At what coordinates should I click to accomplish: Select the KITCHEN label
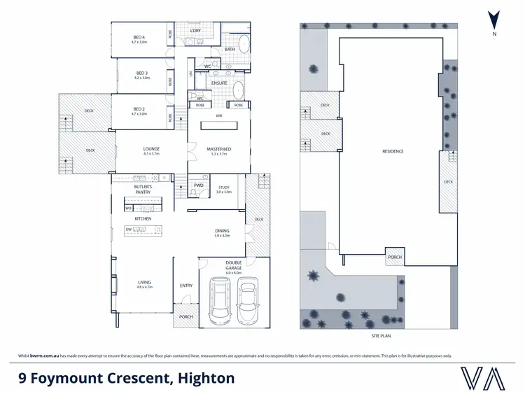(x=143, y=219)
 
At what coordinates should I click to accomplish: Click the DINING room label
(x=222, y=232)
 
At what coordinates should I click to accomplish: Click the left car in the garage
(x=220, y=301)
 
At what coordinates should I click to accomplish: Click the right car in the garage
(x=247, y=301)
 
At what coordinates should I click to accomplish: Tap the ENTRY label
(x=186, y=286)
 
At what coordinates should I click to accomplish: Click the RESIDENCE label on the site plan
(x=392, y=151)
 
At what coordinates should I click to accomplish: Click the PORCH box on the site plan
(x=395, y=257)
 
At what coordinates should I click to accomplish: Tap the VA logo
(x=484, y=378)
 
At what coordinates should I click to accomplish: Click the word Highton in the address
(x=203, y=379)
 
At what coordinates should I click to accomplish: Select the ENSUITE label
(x=211, y=87)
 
